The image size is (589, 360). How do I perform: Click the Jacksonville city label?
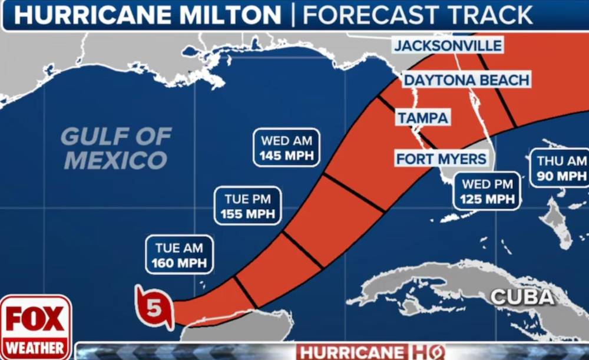click(x=448, y=46)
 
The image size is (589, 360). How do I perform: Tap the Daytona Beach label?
click(x=466, y=80)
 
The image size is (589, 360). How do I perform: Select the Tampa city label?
click(x=423, y=118)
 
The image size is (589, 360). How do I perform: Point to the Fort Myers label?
click(x=441, y=158)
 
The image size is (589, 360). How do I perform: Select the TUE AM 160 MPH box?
click(x=179, y=255)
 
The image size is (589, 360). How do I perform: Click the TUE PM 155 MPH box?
click(x=248, y=205)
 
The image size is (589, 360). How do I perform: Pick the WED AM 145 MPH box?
click(x=286, y=148)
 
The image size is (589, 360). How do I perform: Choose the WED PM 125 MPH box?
click(x=487, y=191)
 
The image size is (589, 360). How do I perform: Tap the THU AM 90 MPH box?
click(x=561, y=168)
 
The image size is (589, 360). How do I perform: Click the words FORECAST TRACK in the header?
click(x=417, y=15)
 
